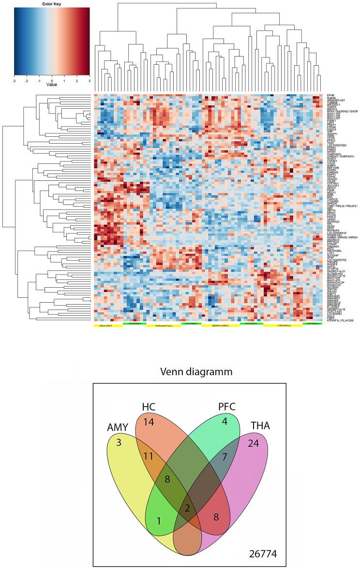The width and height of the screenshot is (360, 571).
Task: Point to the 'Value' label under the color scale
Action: coord(52,84)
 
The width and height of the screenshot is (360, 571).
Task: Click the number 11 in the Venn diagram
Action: coord(149,456)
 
